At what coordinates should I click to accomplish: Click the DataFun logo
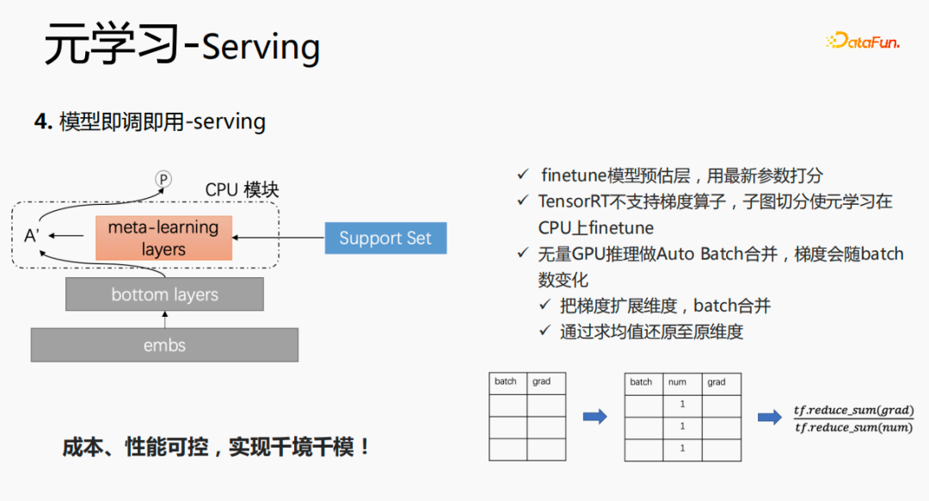pos(863,40)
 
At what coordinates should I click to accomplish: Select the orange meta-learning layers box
pos(163,238)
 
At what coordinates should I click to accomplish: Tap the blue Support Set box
pos(385,238)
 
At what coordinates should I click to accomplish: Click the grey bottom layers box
pos(164,294)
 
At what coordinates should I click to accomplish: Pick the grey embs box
pos(164,345)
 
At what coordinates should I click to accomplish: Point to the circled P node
pos(163,179)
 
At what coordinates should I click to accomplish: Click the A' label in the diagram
pos(32,235)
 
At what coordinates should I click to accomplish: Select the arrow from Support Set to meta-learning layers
pos(279,237)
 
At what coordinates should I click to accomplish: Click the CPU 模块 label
pos(242,189)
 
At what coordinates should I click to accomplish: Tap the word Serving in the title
pos(261,46)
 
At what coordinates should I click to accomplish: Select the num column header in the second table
pos(678,382)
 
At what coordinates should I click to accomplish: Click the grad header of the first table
pos(541,381)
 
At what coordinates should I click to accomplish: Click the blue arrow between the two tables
pos(594,417)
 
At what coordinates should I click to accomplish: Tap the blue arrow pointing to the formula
pos(769,417)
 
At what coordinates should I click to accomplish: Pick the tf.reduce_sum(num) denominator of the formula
pos(854,428)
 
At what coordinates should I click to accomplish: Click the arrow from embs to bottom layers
pos(164,319)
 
